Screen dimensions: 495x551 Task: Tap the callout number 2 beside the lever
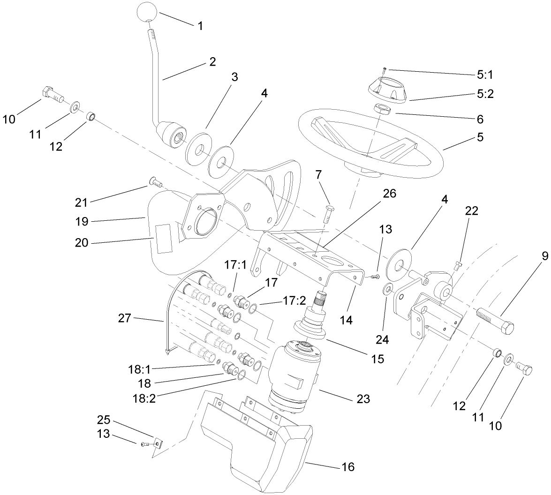pyautogui.click(x=212, y=62)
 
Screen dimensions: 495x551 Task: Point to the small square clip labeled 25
pyautogui.click(x=158, y=442)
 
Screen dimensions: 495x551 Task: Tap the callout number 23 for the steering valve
pyautogui.click(x=362, y=399)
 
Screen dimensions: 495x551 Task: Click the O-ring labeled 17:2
pyautogui.click(x=253, y=308)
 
